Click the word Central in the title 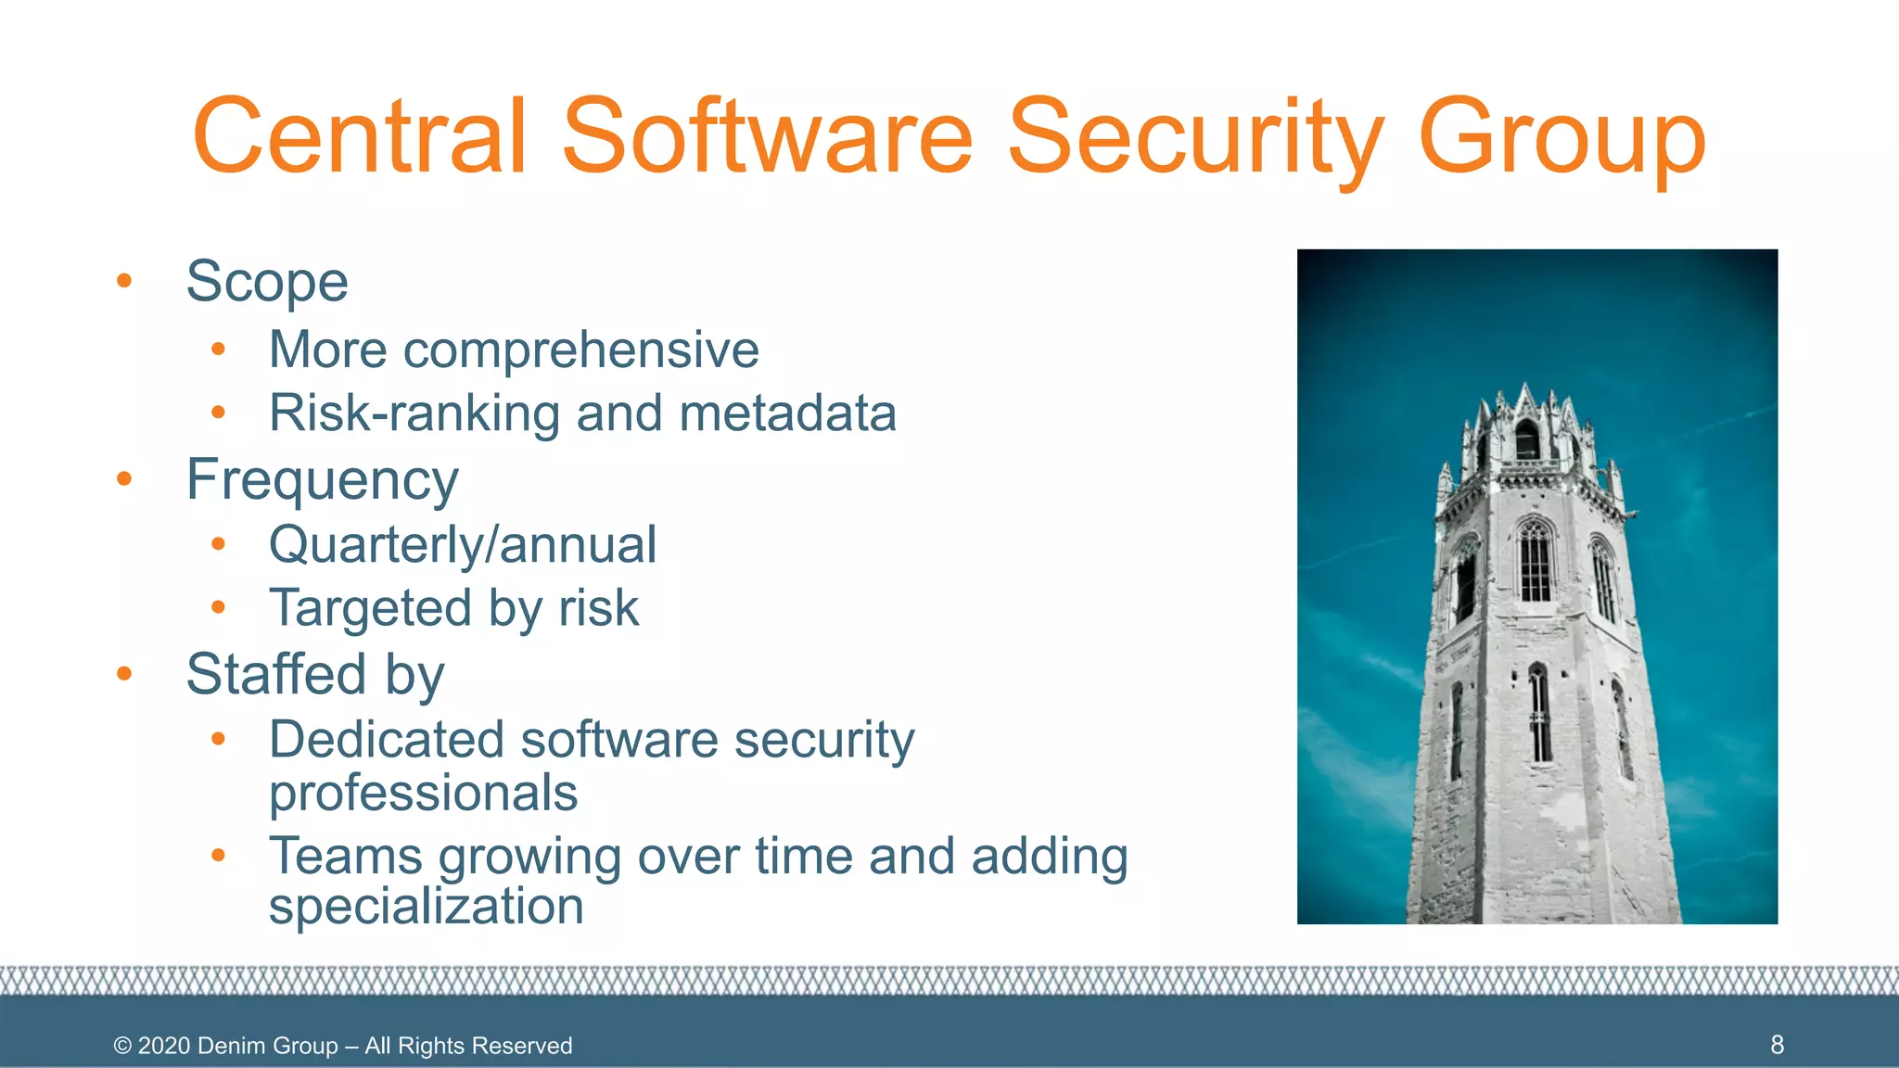[x=360, y=136]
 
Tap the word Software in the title [x=767, y=136]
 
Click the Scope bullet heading [x=267, y=281]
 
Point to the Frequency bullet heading [x=322, y=480]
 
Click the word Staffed [x=275, y=674]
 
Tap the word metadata [x=787, y=413]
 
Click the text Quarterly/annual [x=463, y=544]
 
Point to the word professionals [x=423, y=794]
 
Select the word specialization [x=426, y=906]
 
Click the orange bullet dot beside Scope [x=124, y=281]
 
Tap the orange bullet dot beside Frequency [x=124, y=479]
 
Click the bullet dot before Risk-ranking [x=218, y=413]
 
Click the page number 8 [x=1777, y=1045]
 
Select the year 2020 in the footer [x=164, y=1046]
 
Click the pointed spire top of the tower [x=1525, y=388]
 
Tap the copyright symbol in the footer [x=122, y=1046]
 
